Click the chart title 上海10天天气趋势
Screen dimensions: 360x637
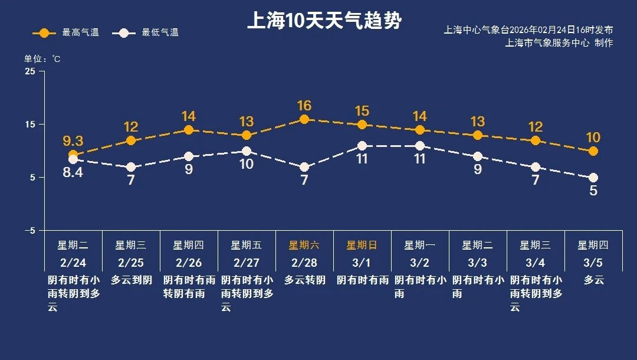pos(324,21)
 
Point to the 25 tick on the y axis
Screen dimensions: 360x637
pos(30,71)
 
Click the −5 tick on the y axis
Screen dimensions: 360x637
pos(29,231)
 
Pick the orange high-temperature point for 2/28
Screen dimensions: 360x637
pos(304,119)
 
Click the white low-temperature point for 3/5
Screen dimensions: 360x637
pos(593,178)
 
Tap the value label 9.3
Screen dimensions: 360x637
pos(73,141)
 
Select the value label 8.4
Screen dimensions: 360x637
pos(73,174)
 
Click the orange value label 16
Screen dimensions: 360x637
pos(304,106)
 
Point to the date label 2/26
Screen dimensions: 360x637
pos(189,263)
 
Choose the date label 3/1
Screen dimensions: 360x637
pos(362,263)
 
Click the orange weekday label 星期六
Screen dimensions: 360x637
pos(304,246)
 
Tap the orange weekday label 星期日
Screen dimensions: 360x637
pos(362,246)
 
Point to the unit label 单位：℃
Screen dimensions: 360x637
pos(42,59)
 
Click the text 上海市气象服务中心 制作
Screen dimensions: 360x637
pos(559,43)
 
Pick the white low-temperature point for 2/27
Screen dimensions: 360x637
pos(247,151)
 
